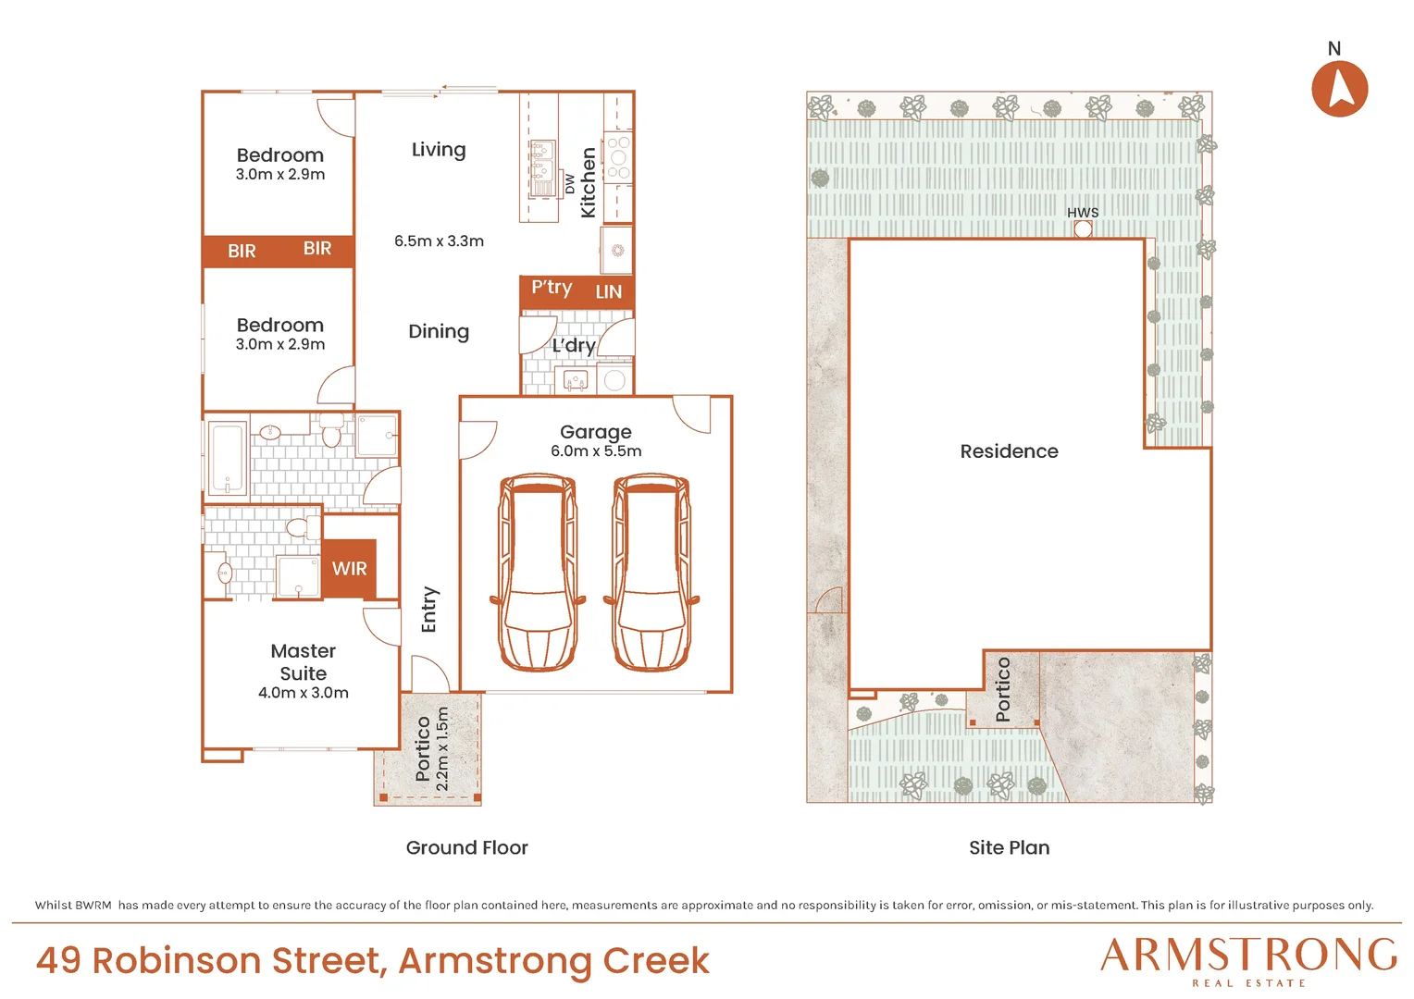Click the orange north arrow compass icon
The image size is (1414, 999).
pos(1340,89)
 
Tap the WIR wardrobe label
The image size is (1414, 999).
pos(349,569)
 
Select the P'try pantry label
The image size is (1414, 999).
pos(552,288)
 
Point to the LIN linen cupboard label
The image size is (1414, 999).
pos(609,291)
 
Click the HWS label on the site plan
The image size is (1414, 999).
pos(1083,213)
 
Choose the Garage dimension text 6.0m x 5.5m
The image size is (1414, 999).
pos(596,450)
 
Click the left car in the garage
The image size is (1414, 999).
pos(538,572)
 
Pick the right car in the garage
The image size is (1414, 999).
pos(651,572)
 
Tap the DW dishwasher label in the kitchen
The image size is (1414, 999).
pos(569,184)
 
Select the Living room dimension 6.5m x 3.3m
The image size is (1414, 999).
pos(439,241)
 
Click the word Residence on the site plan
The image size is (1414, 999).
pos(1009,451)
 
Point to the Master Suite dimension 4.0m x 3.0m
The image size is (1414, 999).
pos(303,692)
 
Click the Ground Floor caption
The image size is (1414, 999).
pos(466,847)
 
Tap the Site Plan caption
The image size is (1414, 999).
pos(1010,847)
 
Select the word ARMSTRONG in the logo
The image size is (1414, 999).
pos(1248,955)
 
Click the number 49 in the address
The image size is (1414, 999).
pos(58,960)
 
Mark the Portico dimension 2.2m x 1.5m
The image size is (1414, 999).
pos(442,748)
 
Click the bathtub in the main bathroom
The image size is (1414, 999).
pos(227,458)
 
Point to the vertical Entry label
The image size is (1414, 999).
pos(429,610)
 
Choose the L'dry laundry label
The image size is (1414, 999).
pos(573,346)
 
